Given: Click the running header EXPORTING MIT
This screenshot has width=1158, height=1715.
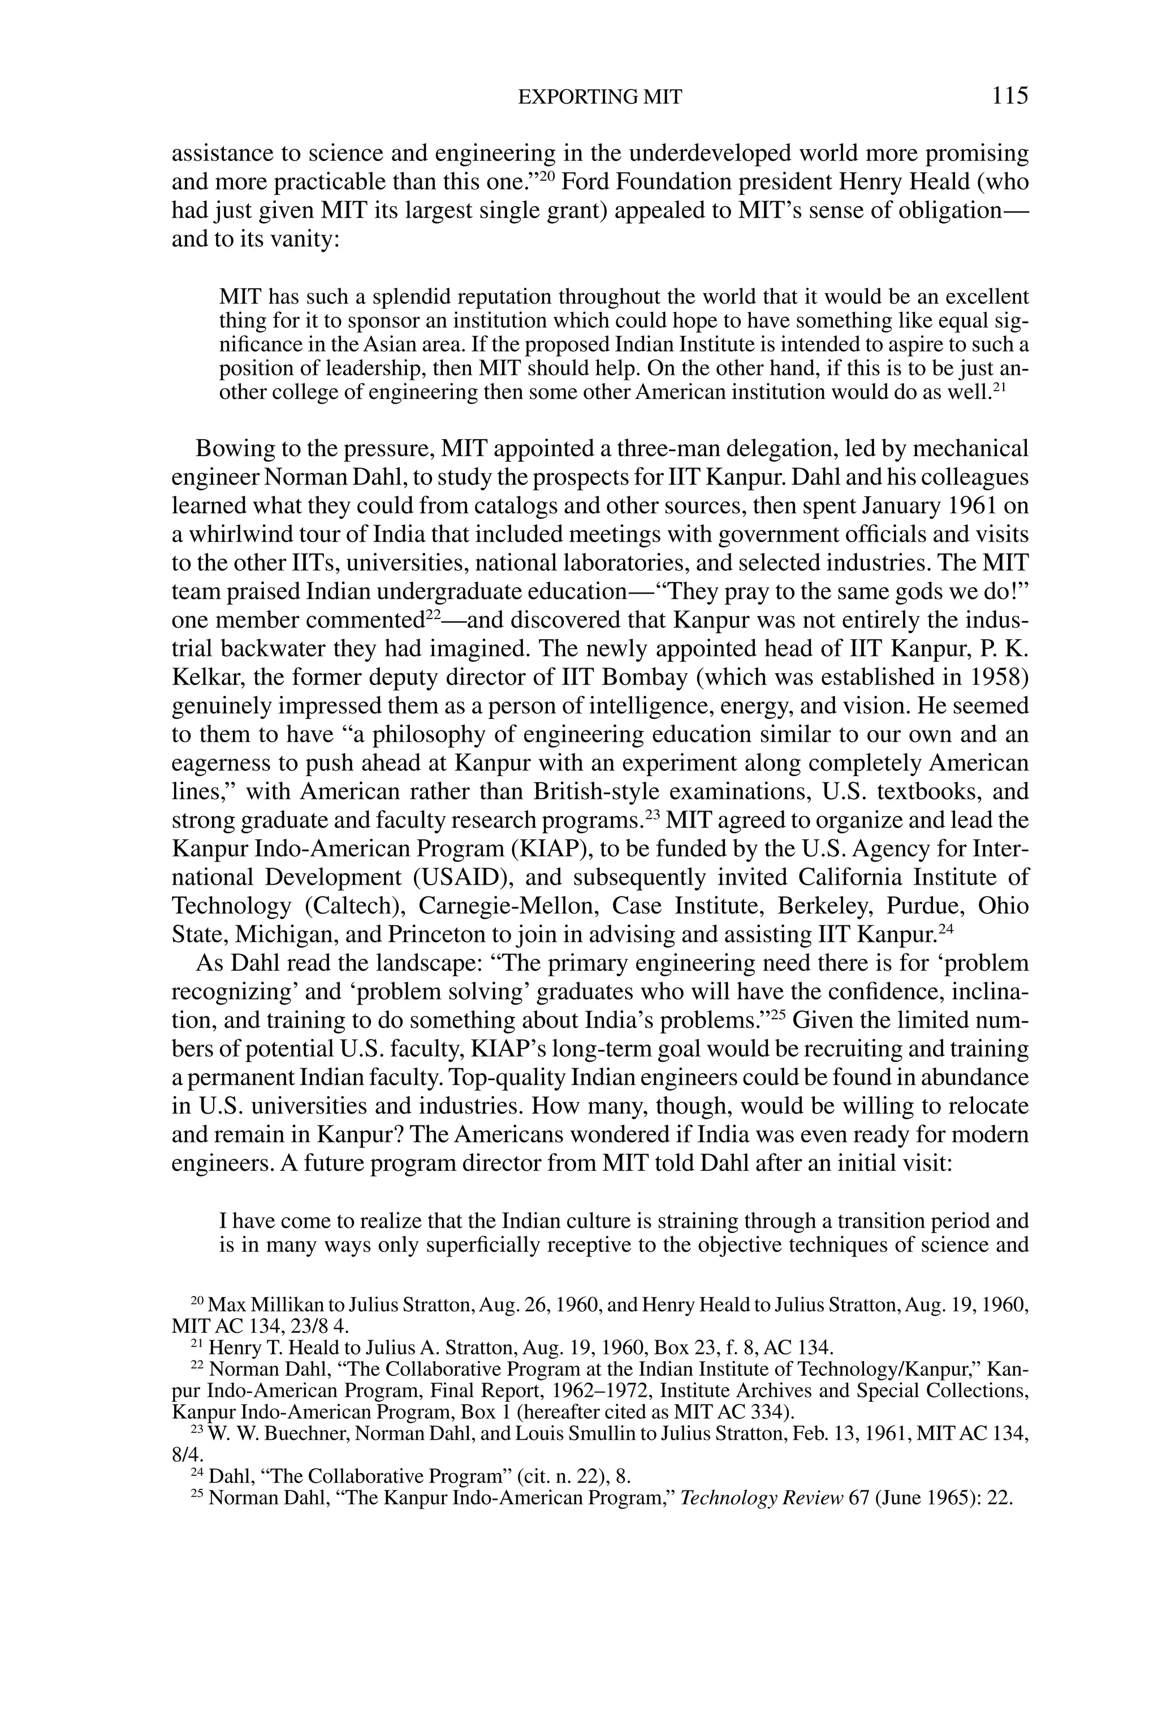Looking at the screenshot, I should point(599,97).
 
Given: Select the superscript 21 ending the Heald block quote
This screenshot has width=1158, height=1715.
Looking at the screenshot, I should point(1000,386).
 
